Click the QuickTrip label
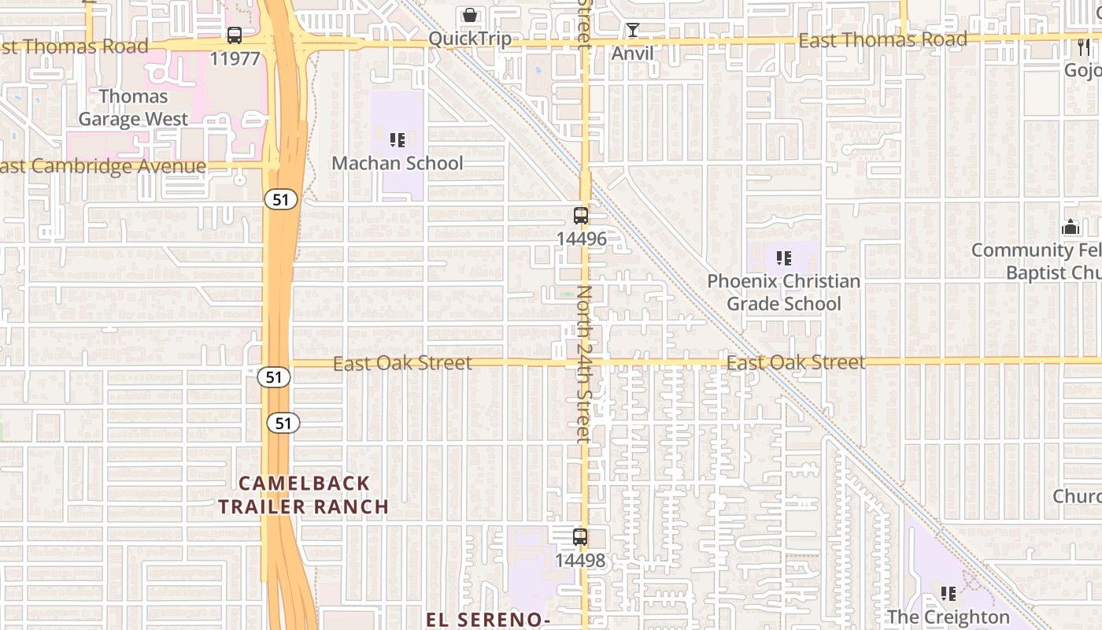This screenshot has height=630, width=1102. click(470, 39)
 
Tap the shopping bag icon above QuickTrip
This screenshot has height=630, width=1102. click(470, 15)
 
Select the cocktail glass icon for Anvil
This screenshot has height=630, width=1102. click(632, 31)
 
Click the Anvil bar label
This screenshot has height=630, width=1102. click(632, 54)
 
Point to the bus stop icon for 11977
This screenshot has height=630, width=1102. click(235, 35)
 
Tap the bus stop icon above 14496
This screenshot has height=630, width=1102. click(581, 216)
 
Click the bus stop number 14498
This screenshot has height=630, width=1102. click(580, 561)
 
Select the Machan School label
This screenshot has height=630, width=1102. click(398, 163)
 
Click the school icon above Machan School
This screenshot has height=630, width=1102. click(398, 140)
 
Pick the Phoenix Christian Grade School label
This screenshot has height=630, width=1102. click(783, 292)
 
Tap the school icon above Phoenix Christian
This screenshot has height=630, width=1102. click(783, 258)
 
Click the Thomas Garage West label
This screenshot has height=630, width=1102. click(133, 108)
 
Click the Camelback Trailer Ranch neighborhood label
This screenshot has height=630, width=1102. click(304, 495)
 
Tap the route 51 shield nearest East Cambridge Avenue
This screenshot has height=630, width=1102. click(280, 199)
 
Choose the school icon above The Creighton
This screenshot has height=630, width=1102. click(949, 593)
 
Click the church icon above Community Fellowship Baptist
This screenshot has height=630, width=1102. click(1070, 228)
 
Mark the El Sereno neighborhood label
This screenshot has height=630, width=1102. click(488, 620)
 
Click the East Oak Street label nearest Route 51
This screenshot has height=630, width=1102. click(402, 363)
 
